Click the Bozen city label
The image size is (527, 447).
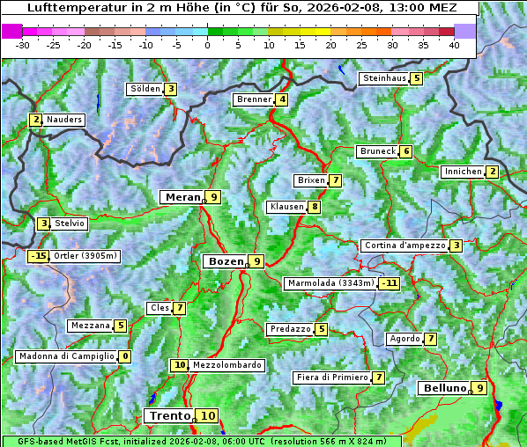[224, 261]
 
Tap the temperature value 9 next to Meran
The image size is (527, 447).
[213, 197]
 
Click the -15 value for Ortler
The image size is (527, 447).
[38, 256]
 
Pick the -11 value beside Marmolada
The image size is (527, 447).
[390, 283]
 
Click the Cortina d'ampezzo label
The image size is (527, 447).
[404, 245]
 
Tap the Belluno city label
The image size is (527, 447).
[443, 388]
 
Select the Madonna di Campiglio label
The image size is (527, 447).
[66, 356]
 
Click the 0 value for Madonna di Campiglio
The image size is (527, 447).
[125, 356]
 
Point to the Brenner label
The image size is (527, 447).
[254, 99]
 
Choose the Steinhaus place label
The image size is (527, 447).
[383, 78]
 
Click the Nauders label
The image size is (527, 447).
[64, 120]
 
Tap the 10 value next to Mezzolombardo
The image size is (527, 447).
[180, 365]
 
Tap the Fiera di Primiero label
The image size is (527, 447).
[331, 377]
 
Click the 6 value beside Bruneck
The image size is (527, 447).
[406, 151]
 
